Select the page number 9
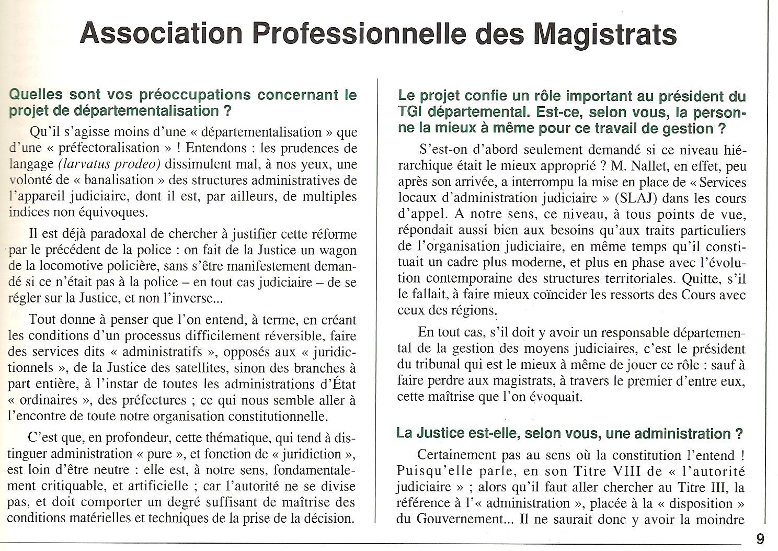(760, 539)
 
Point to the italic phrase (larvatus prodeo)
(110, 164)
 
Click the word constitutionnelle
(281, 417)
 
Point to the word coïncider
(549, 295)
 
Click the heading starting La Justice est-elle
(570, 433)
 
